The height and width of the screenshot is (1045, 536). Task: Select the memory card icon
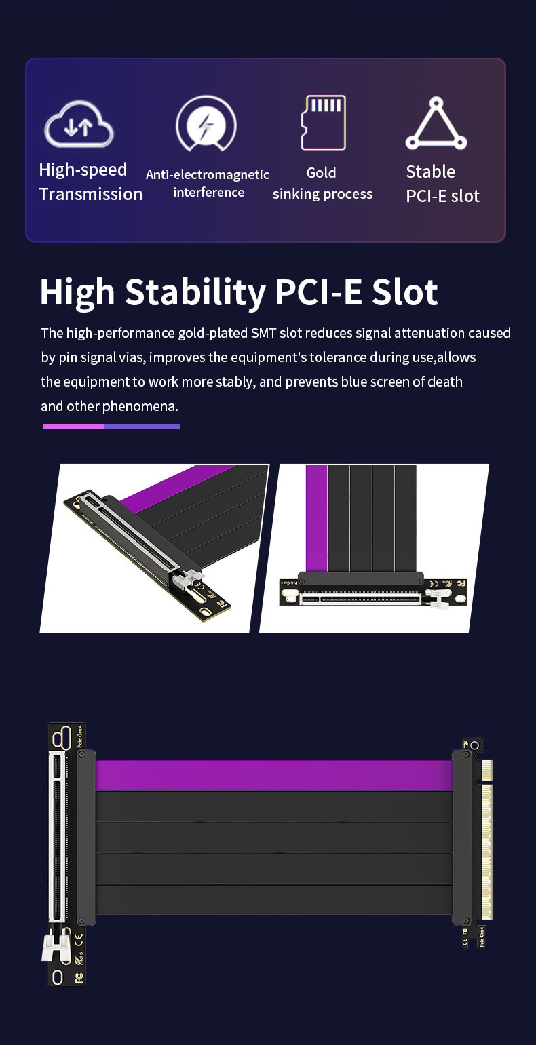[x=323, y=122]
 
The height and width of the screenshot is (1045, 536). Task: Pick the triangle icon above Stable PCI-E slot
[x=436, y=124]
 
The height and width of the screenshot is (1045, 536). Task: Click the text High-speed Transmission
[x=90, y=182]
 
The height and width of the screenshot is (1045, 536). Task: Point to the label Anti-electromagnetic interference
[x=208, y=183]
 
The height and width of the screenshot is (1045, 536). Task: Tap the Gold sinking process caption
[x=322, y=183]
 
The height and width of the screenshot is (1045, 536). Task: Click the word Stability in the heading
[x=195, y=292]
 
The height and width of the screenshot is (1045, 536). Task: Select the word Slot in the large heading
[x=404, y=292]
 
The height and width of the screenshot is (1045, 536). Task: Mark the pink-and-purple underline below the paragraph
[x=111, y=426]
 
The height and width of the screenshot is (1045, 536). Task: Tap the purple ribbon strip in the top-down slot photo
[x=316, y=518]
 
